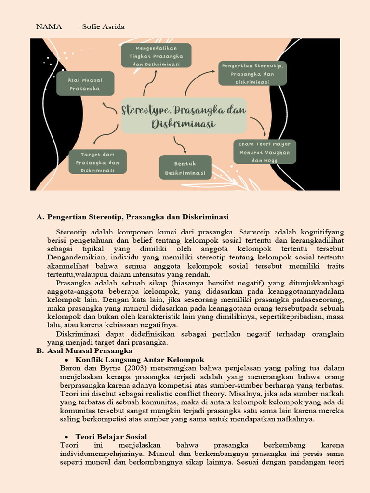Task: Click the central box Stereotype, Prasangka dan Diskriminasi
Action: tap(184, 116)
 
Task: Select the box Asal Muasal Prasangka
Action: tap(85, 84)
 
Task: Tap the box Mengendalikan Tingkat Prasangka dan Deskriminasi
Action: tap(156, 56)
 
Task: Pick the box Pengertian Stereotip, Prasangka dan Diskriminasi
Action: tap(252, 73)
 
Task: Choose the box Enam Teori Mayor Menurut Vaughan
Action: tap(264, 152)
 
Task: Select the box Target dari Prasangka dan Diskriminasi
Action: tap(97, 162)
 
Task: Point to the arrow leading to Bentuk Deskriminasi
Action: tap(180, 144)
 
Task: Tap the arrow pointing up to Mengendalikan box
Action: tap(151, 82)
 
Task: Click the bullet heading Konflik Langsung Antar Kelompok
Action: tap(140, 360)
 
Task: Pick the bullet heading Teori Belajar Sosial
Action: tap(111, 437)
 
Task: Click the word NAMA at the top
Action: tap(49, 27)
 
